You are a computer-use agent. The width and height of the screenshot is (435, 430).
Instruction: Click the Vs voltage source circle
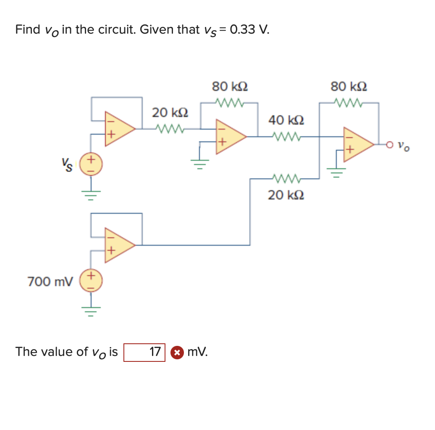click(92, 165)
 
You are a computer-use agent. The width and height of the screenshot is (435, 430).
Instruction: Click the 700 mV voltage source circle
click(92, 281)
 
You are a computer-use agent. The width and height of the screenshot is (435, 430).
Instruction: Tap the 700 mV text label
click(50, 281)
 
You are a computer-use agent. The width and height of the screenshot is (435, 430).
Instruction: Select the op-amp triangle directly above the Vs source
click(119, 128)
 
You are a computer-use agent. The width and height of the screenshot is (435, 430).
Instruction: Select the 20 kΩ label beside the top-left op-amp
click(170, 113)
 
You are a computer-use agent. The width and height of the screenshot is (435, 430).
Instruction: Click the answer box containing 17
click(144, 352)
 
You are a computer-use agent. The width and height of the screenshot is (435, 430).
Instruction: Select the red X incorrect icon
click(178, 353)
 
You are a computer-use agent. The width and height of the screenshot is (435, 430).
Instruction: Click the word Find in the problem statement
click(27, 30)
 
